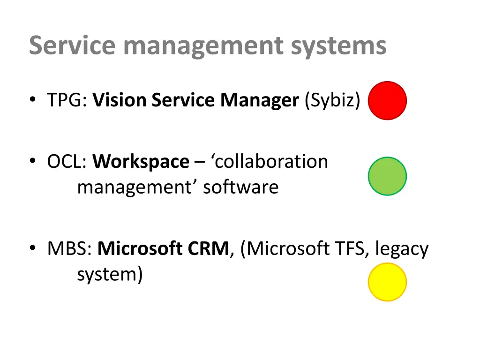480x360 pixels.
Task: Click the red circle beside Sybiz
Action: (x=387, y=100)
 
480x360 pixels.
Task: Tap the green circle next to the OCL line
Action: (x=387, y=176)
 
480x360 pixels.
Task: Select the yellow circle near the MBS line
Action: (x=387, y=282)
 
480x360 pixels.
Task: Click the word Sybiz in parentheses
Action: (x=332, y=100)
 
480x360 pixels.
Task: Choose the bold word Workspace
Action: (x=141, y=162)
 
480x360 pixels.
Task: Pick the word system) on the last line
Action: (x=110, y=274)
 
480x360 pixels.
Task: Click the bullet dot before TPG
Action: (x=32, y=100)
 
